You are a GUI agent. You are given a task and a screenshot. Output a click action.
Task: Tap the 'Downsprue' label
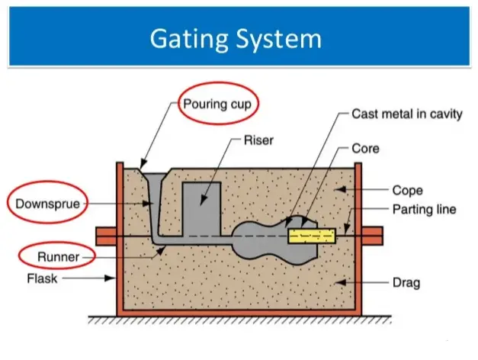(47, 204)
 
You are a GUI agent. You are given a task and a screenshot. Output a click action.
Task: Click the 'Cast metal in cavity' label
(406, 114)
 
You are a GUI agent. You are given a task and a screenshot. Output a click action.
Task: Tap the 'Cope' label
(408, 190)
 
